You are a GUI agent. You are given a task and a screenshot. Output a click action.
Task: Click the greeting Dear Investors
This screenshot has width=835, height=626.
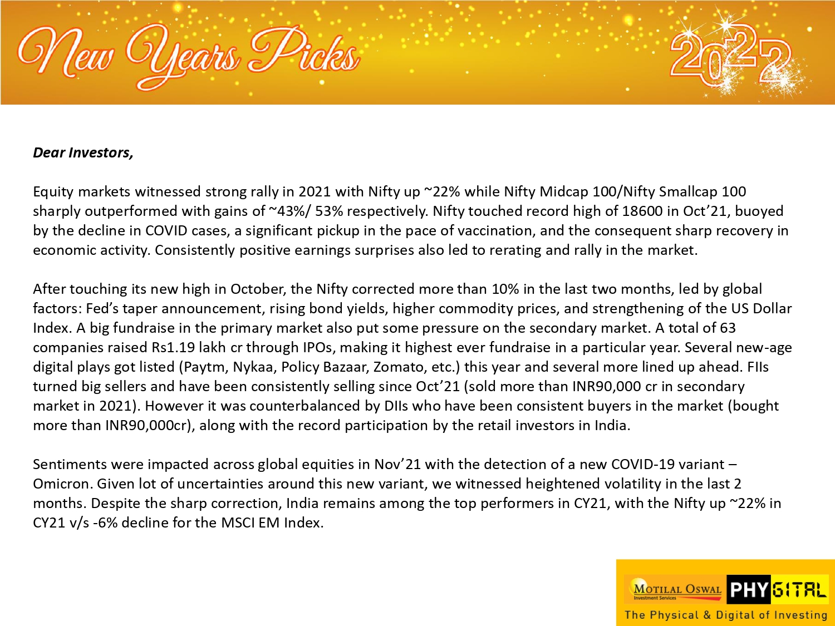(x=83, y=152)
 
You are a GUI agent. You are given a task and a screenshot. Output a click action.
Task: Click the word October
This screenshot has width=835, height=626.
(x=257, y=289)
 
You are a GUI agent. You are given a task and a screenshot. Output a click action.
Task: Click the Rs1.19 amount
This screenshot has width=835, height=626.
(x=173, y=347)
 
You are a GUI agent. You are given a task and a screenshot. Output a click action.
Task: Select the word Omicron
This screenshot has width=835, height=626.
(x=60, y=484)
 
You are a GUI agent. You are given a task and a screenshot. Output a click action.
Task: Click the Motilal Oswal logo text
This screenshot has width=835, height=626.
(x=677, y=589)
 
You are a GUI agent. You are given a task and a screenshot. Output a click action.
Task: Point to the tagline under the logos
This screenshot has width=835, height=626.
(x=726, y=615)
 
